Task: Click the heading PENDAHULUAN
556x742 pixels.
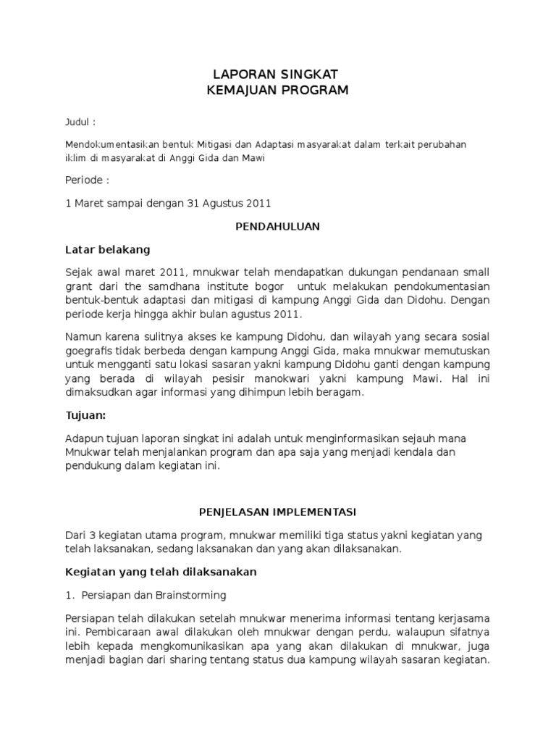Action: tap(278, 227)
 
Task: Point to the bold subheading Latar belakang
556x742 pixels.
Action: tap(108, 250)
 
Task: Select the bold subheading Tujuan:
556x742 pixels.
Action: tap(86, 416)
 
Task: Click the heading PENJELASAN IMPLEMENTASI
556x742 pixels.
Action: tap(278, 511)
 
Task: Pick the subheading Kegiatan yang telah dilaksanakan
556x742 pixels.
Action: tap(161, 572)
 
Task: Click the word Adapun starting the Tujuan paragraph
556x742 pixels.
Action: tap(84, 439)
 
